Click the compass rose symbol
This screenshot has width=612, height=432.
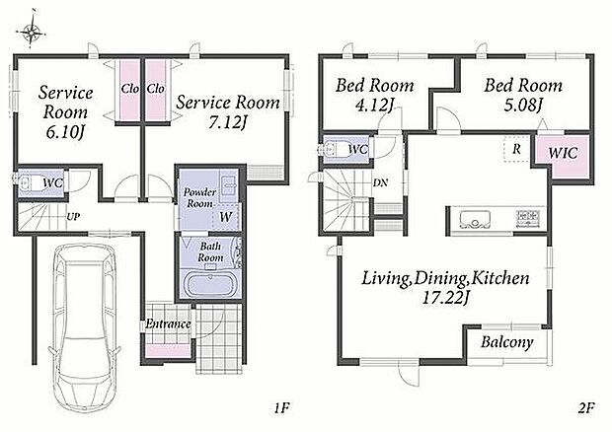(33, 31)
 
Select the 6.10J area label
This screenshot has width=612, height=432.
(65, 132)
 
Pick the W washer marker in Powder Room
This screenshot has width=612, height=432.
(226, 217)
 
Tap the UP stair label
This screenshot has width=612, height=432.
(73, 216)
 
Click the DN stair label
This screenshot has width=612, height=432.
(380, 182)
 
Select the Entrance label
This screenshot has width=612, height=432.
(168, 324)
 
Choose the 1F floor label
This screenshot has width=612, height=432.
(281, 408)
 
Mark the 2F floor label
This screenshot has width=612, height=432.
(585, 408)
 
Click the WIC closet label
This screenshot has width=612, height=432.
(563, 153)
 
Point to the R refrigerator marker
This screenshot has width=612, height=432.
(516, 149)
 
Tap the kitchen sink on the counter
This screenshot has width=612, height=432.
(475, 220)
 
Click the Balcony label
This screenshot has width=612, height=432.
(506, 342)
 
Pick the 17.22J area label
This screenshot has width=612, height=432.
(445, 298)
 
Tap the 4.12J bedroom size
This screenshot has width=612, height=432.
(374, 105)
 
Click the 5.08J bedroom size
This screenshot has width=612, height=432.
(523, 105)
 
